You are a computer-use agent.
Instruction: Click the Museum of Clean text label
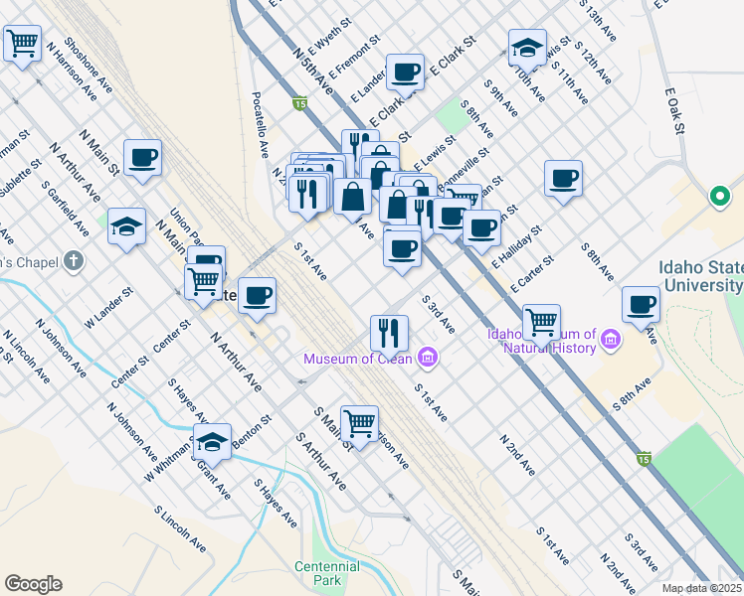coord(359,358)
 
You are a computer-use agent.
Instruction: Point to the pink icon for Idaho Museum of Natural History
coord(611,342)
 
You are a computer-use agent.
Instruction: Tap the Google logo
coord(33,584)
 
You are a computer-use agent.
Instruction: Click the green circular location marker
coord(720,197)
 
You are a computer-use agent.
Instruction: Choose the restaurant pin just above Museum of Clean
coord(389,331)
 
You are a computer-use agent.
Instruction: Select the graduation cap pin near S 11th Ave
coord(527,46)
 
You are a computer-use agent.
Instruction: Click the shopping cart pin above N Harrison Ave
coord(22,43)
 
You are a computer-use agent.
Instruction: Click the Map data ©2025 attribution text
coord(701,588)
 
